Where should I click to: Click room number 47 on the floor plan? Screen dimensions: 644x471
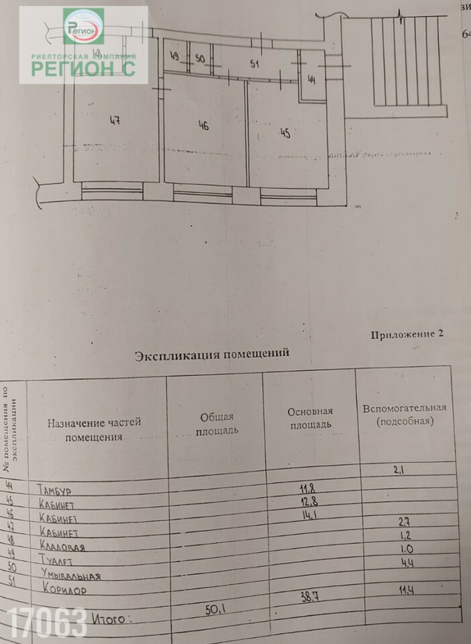tap(115, 121)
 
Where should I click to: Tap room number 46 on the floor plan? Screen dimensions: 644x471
tap(203, 125)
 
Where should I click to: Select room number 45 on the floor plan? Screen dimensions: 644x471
tap(285, 133)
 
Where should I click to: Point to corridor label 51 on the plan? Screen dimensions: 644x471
tap(254, 64)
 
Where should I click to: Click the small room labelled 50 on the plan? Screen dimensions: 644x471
tap(199, 58)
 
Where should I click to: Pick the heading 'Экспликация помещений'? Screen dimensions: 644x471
tap(212, 354)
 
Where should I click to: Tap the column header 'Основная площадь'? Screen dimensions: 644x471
tap(310, 418)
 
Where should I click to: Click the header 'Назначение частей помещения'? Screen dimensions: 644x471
tap(94, 429)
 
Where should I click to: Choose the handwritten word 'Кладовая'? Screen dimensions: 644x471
tap(70, 547)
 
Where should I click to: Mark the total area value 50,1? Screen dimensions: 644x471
tap(217, 609)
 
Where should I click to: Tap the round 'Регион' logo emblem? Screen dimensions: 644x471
tap(83, 27)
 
